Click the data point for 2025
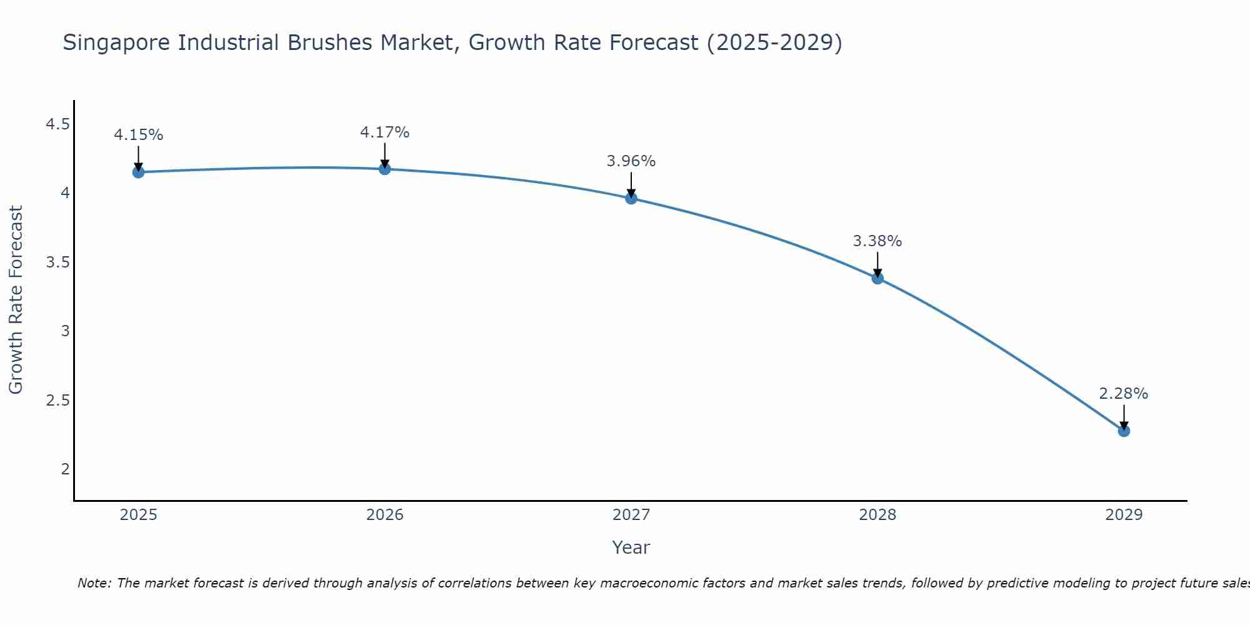tap(138, 172)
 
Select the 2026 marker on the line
tap(384, 169)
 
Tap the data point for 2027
tap(631, 198)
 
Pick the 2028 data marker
tap(877, 278)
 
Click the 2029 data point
tap(1124, 431)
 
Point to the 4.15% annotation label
tap(138, 135)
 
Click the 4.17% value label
tap(384, 132)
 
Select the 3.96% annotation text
tap(631, 161)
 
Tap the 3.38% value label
tap(877, 241)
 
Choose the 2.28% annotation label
tap(1124, 394)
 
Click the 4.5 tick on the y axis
tap(57, 124)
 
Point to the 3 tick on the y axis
tap(65, 331)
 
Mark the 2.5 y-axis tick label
tap(57, 400)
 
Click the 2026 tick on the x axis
tap(384, 515)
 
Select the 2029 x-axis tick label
tap(1124, 515)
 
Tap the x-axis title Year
tap(631, 547)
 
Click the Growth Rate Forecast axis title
tap(16, 300)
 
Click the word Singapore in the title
tap(117, 42)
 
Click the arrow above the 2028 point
tap(877, 264)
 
